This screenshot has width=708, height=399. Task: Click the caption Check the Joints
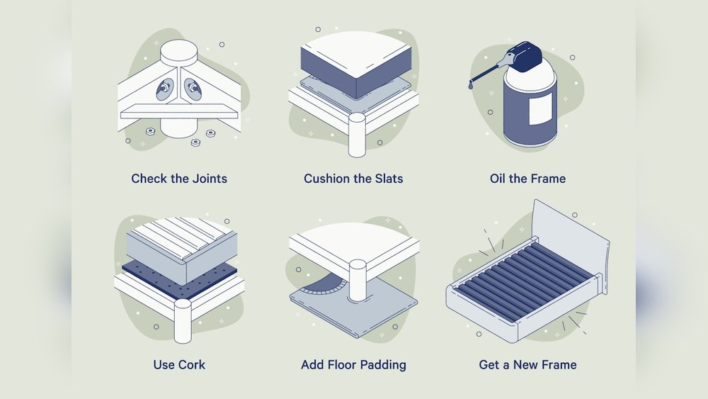click(179, 179)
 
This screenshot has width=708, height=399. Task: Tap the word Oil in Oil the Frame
click(499, 179)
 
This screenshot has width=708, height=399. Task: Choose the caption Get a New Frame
click(527, 365)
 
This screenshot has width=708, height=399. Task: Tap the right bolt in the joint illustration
click(192, 88)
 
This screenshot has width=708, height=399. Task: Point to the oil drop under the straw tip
click(472, 85)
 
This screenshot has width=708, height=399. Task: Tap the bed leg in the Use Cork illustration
click(183, 319)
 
